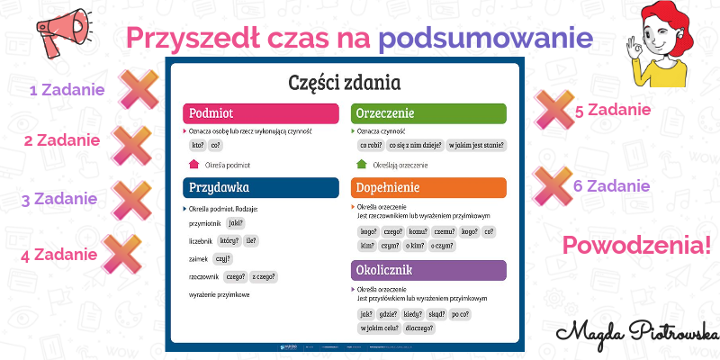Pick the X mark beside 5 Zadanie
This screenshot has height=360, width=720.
[x=551, y=110]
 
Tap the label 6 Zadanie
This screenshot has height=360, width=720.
[x=611, y=186]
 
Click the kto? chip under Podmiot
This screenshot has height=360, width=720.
[x=197, y=144]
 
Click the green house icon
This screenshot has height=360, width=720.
[x=362, y=165]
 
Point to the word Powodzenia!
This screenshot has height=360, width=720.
[x=635, y=245]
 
